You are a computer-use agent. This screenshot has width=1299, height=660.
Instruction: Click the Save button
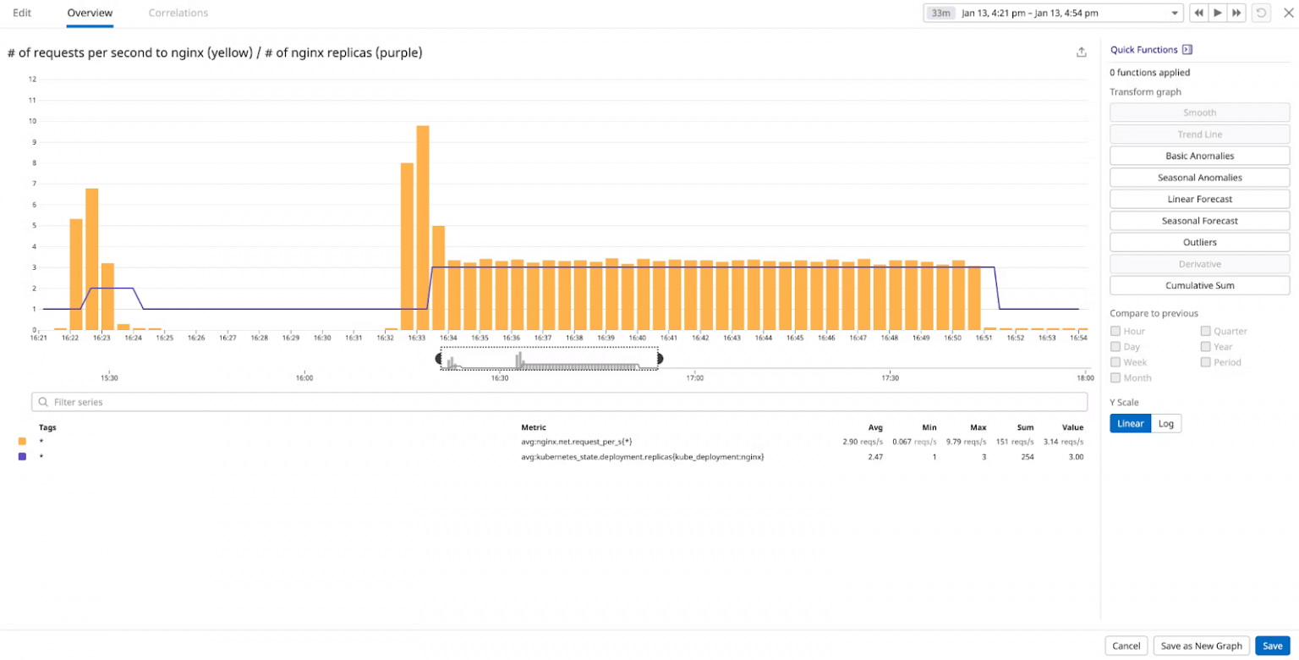point(1272,646)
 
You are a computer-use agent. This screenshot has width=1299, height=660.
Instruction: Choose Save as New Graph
point(1201,646)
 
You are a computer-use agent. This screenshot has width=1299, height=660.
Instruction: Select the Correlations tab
point(178,13)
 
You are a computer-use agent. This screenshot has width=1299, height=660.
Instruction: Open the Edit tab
point(22,13)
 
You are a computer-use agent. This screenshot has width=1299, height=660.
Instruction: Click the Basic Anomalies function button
point(1199,156)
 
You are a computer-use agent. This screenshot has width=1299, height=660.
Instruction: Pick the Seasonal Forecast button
point(1199,221)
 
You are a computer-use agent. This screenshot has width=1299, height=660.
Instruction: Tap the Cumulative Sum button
point(1199,285)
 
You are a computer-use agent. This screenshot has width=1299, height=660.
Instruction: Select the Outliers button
point(1199,242)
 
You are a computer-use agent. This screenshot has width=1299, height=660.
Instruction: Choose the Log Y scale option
point(1166,423)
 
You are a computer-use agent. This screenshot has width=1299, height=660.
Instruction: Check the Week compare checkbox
point(1115,362)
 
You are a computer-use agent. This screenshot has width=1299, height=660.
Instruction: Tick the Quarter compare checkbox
point(1206,331)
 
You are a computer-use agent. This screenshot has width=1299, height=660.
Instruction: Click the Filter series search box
point(559,402)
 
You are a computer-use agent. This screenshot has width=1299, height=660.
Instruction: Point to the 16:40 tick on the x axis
point(637,338)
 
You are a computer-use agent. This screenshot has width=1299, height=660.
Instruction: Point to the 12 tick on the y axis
point(33,80)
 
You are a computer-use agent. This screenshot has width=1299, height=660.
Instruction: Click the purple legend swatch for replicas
point(22,456)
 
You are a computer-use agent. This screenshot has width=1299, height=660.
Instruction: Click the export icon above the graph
point(1081,52)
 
